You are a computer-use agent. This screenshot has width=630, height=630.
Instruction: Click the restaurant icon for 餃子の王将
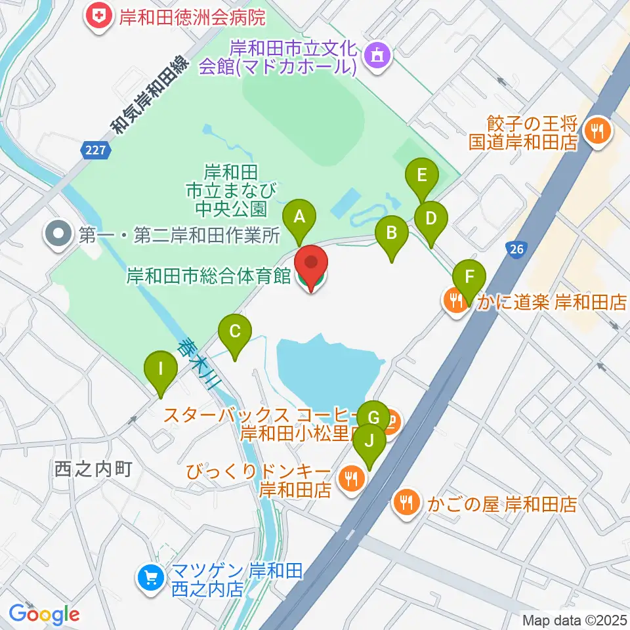coord(597,131)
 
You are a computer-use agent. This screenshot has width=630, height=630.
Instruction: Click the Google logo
coord(44,614)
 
